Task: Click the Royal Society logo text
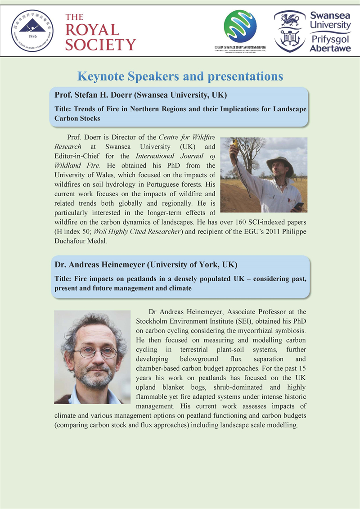100,32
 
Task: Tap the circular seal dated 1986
32,31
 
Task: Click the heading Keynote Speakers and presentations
180,76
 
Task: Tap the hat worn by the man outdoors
279,163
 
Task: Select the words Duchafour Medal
80,241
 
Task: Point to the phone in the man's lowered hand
298,206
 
